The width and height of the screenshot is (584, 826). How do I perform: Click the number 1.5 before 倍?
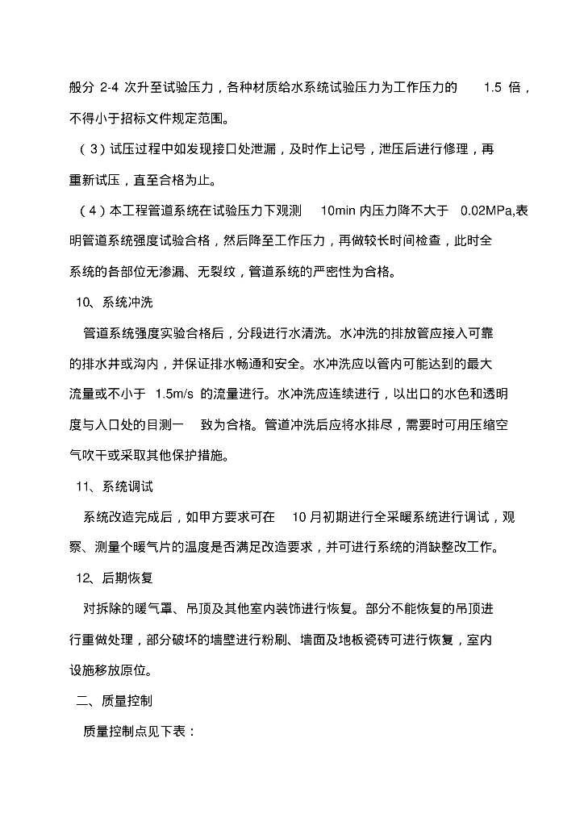coord(492,87)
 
